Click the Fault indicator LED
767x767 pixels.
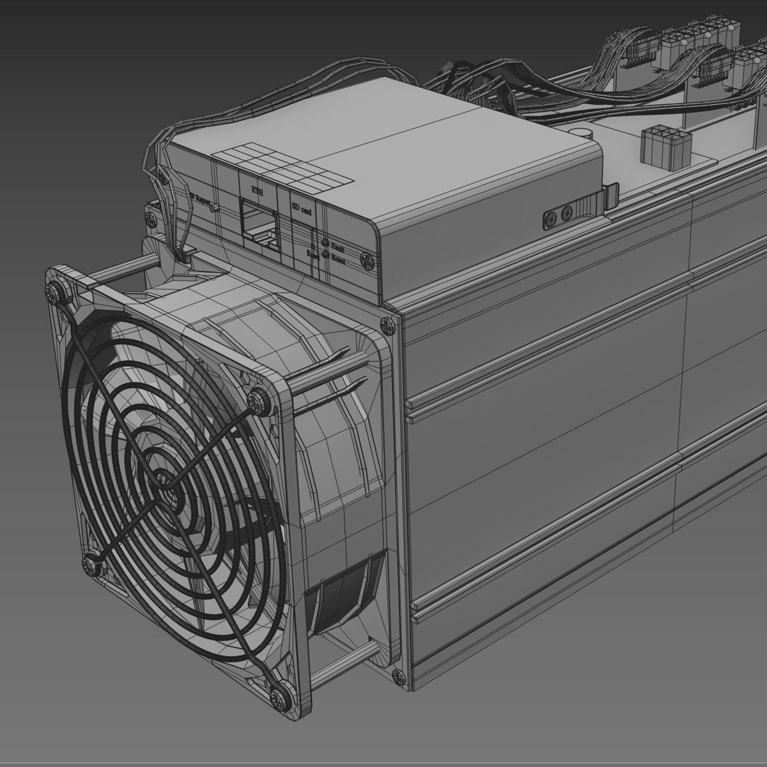(325, 243)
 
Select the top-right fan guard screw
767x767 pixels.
(260, 398)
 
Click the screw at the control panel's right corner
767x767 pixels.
(368, 261)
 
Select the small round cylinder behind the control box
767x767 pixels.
(584, 132)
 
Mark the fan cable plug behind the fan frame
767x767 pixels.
(185, 256)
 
